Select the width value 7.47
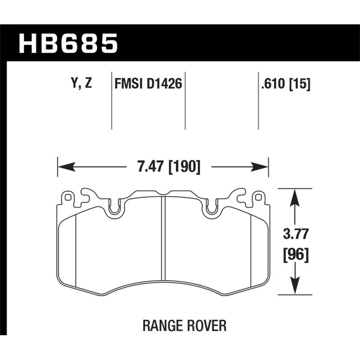149,168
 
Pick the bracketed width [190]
184,168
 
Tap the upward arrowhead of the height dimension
294,194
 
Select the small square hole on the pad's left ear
67,197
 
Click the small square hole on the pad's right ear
258,197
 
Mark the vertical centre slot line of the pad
163,243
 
